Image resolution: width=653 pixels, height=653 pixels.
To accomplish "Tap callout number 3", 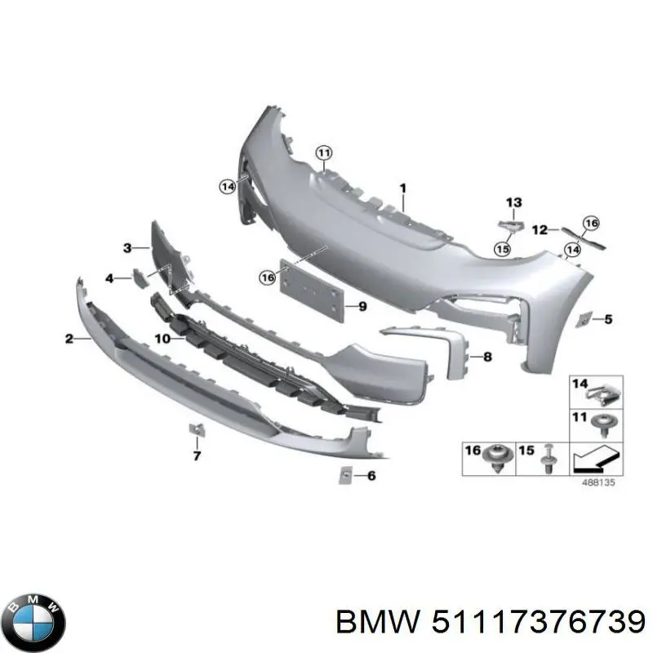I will [x=127, y=247].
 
